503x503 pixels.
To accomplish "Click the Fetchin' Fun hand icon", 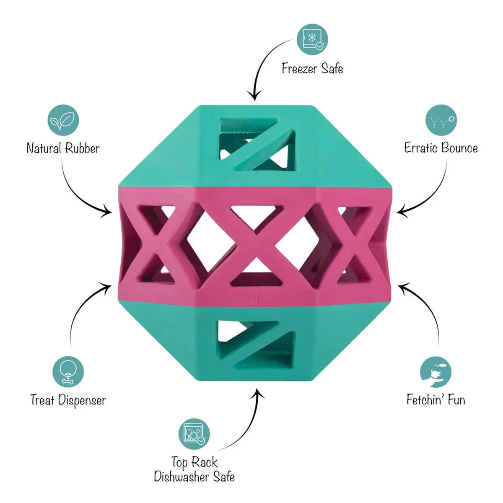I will coord(436,372).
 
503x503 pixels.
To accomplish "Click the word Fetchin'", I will coord(423,399).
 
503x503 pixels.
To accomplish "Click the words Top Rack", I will coord(194,463).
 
